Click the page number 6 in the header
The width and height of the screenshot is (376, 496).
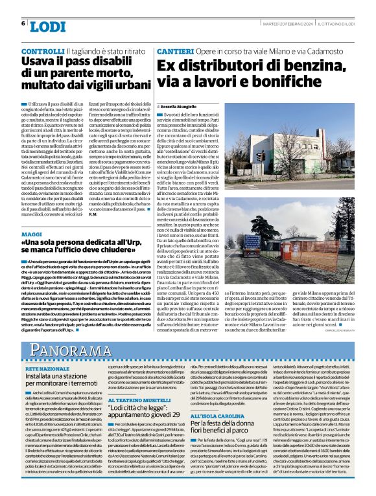pos(23,23)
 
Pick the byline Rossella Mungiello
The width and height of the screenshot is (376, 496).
pos(183,105)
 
